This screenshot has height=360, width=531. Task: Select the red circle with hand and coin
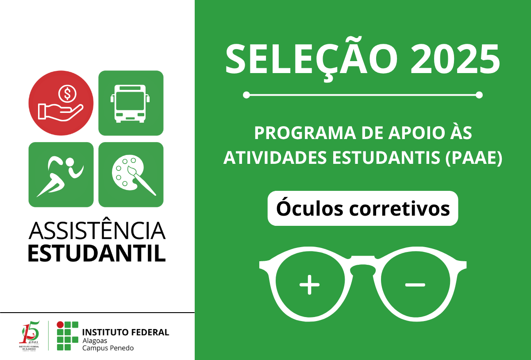point(61,103)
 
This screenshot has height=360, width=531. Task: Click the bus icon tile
point(131,103)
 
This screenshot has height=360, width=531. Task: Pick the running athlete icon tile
point(61,174)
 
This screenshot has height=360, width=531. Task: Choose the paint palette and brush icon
point(131,174)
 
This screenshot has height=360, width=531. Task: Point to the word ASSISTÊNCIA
point(97,231)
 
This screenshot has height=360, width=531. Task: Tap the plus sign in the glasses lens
point(309,285)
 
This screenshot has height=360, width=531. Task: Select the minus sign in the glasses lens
point(415,285)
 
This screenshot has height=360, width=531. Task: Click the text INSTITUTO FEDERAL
point(126,332)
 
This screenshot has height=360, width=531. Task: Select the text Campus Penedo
point(108,348)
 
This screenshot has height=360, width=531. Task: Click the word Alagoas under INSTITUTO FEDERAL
point(95,340)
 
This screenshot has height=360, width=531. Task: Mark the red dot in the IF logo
point(60,325)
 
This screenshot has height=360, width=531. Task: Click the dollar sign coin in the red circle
point(67,94)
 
